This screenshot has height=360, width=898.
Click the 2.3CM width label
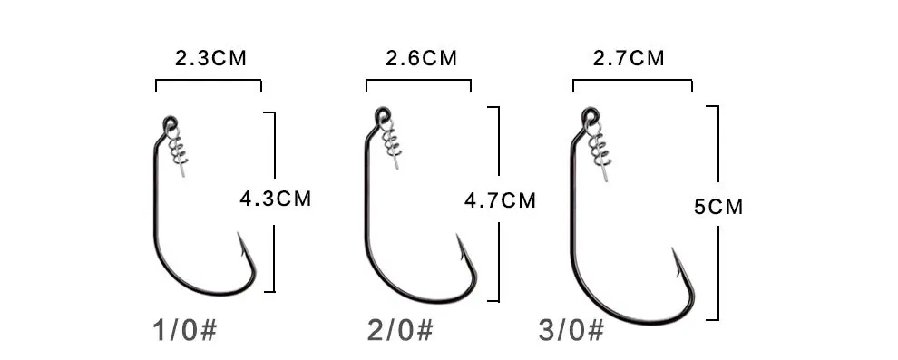(210, 58)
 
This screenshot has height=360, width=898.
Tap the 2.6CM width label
(422, 58)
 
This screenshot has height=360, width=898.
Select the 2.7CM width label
(629, 58)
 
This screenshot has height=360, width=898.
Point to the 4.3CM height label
(276, 199)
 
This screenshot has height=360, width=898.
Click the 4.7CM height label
(500, 200)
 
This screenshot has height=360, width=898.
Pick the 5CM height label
(718, 207)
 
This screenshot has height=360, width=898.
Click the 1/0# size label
(185, 331)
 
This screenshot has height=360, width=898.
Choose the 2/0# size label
(400, 331)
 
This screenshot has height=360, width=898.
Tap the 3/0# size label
(571, 331)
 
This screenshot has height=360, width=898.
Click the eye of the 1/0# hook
(171, 122)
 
